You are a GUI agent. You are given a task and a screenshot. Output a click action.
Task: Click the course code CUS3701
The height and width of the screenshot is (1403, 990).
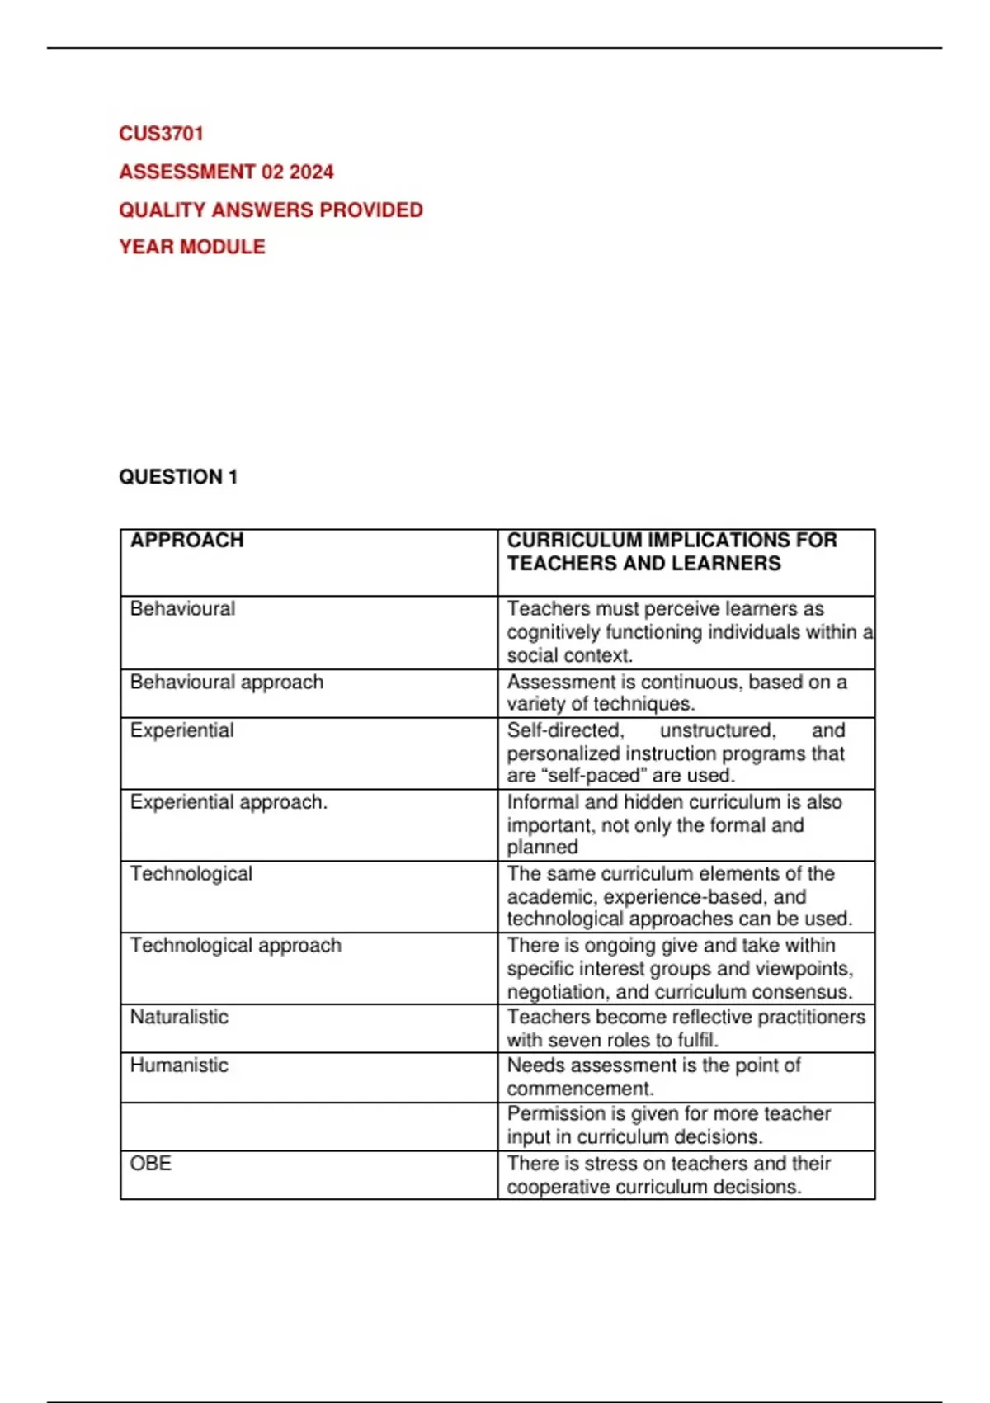click(162, 134)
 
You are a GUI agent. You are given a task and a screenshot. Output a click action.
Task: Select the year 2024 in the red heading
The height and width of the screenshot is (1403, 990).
click(312, 172)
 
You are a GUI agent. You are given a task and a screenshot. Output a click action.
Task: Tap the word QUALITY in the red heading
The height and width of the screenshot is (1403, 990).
click(162, 210)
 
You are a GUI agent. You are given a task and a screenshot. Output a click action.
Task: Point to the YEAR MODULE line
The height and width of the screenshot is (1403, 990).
click(192, 247)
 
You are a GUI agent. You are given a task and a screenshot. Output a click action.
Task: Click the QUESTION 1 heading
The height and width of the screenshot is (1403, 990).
click(178, 477)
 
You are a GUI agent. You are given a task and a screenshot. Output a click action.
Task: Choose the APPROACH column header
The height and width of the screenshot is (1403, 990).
click(187, 541)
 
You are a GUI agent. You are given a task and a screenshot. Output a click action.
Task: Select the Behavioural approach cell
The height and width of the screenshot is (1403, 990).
click(227, 683)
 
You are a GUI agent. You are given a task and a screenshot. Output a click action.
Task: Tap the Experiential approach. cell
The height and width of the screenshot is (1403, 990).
click(229, 802)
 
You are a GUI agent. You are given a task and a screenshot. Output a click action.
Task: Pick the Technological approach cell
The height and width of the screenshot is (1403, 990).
click(235, 946)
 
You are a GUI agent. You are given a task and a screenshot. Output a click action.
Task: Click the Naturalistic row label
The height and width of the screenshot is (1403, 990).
click(179, 1017)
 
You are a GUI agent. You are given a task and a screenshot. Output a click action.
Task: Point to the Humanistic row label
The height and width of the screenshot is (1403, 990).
click(179, 1065)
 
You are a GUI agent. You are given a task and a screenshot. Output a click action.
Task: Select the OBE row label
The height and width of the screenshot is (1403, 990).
click(150, 1164)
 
